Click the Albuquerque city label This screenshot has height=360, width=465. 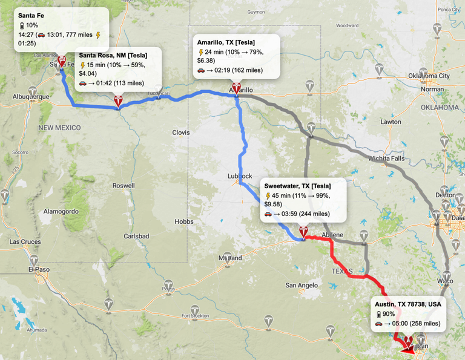(31, 96)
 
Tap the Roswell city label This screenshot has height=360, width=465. (124, 186)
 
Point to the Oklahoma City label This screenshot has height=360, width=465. (429, 76)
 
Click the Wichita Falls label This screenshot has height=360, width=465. (386, 159)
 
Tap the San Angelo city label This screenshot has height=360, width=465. (301, 285)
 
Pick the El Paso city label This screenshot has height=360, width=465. (38, 269)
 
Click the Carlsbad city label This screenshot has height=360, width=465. (136, 236)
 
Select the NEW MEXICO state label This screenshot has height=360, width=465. (59, 128)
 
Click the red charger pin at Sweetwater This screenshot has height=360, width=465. (303, 231)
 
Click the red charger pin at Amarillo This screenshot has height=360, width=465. (236, 88)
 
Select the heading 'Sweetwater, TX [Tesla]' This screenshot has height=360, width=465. (297, 186)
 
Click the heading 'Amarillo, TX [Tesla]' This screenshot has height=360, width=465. (226, 42)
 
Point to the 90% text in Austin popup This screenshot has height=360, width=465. (389, 314)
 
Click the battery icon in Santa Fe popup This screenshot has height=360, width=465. (22, 26)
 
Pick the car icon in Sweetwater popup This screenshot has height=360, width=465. (268, 214)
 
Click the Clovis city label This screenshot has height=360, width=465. (181, 133)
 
